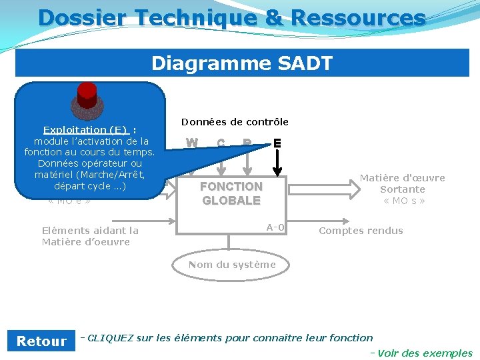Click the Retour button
[x=41, y=341]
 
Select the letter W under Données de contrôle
[x=192, y=143]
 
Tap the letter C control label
[x=221, y=143]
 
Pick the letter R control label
[x=247, y=143]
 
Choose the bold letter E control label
[x=277, y=143]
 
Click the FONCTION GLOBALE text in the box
[x=231, y=193]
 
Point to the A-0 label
[x=275, y=228]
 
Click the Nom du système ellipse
[x=231, y=265]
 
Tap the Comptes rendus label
[x=361, y=231]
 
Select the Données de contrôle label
[x=235, y=122]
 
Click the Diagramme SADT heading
[x=242, y=63]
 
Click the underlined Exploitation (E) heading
[x=85, y=130]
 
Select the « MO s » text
[x=403, y=201]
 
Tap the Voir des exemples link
[x=425, y=353]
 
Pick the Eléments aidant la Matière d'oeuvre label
[x=90, y=236]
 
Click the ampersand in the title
[x=273, y=17]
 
